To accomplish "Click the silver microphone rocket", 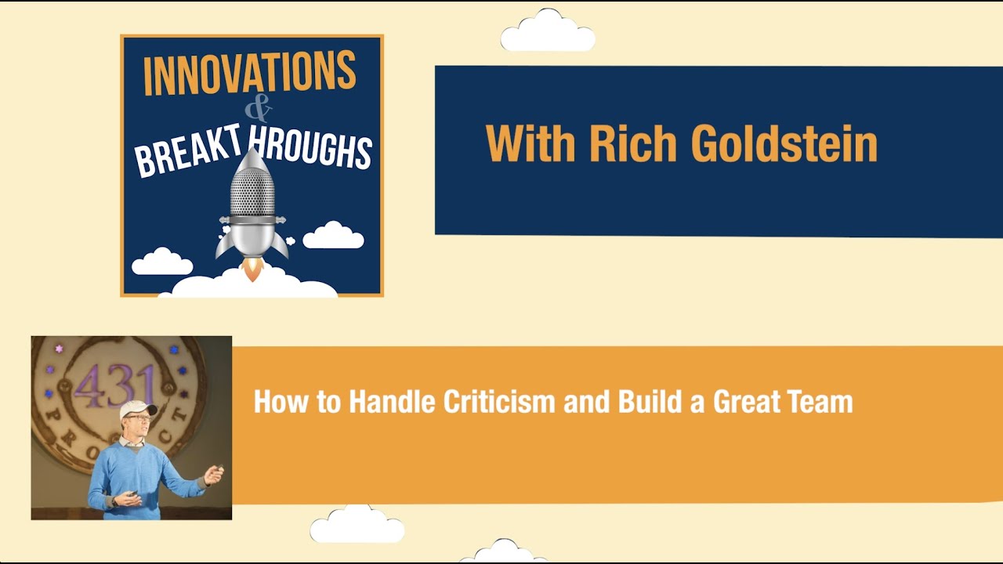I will point(252,207).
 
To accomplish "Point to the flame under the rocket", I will point(252,271).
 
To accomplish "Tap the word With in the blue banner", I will point(530,144).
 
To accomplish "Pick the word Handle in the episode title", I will point(392,403).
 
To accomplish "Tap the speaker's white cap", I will point(137,408).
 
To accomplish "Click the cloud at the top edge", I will point(548,33).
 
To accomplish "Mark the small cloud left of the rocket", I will point(162,262).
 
